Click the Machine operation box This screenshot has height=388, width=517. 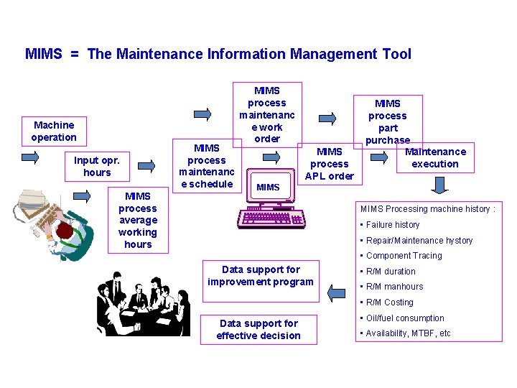tap(54, 131)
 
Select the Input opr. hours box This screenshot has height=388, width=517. tap(97, 166)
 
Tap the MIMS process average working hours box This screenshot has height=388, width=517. tap(138, 220)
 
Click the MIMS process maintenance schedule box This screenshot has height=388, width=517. tap(206, 166)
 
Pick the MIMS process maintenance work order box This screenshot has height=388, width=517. tap(267, 114)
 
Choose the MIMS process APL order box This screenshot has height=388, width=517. tap(330, 163)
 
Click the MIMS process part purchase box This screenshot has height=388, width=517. tap(388, 121)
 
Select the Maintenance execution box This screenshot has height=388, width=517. tap(434, 157)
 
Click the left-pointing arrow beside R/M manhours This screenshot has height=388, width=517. tap(335, 291)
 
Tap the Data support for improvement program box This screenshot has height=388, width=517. tap(260, 275)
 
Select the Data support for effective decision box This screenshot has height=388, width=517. tap(258, 329)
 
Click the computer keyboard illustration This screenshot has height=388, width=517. tap(269, 218)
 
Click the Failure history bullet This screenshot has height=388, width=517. tap(393, 225)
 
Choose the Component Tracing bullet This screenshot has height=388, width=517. tap(404, 256)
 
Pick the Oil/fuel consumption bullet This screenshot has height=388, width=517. tap(405, 318)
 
